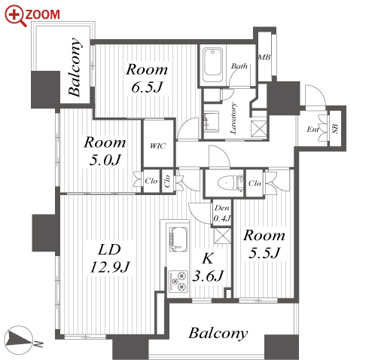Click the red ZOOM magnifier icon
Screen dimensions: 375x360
(x=15, y=16)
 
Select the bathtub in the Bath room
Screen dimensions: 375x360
(x=213, y=65)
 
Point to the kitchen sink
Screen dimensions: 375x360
(x=178, y=239)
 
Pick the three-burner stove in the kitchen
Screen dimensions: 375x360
(x=178, y=281)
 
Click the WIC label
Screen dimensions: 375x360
(x=157, y=146)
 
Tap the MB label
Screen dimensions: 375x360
(x=264, y=57)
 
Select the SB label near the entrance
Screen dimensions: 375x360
(x=335, y=129)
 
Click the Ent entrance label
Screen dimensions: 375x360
(x=312, y=130)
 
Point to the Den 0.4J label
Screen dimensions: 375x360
(x=222, y=213)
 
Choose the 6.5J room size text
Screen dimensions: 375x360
(x=147, y=87)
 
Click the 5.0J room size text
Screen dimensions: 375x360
(x=105, y=160)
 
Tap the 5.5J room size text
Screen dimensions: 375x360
(x=264, y=253)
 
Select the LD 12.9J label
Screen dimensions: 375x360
(x=110, y=258)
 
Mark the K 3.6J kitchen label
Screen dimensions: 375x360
(x=208, y=267)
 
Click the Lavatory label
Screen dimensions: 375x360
(x=233, y=118)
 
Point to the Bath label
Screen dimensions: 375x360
(x=239, y=66)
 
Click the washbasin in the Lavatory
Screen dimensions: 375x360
(x=212, y=122)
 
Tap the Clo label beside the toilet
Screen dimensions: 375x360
(x=255, y=183)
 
